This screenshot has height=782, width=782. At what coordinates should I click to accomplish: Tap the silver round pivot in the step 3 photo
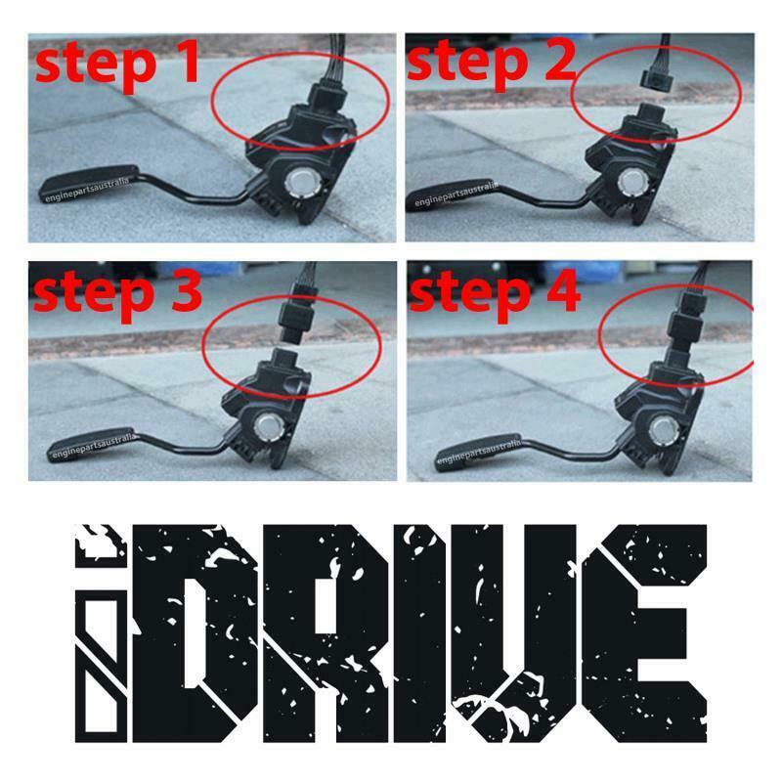(270, 427)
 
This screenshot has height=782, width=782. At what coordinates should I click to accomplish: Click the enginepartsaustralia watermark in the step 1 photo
(88, 190)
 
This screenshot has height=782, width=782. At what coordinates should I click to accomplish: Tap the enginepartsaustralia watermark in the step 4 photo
(479, 452)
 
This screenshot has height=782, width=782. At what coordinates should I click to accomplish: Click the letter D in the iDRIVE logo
(196, 632)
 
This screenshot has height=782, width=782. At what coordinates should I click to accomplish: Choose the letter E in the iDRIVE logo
(643, 632)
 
